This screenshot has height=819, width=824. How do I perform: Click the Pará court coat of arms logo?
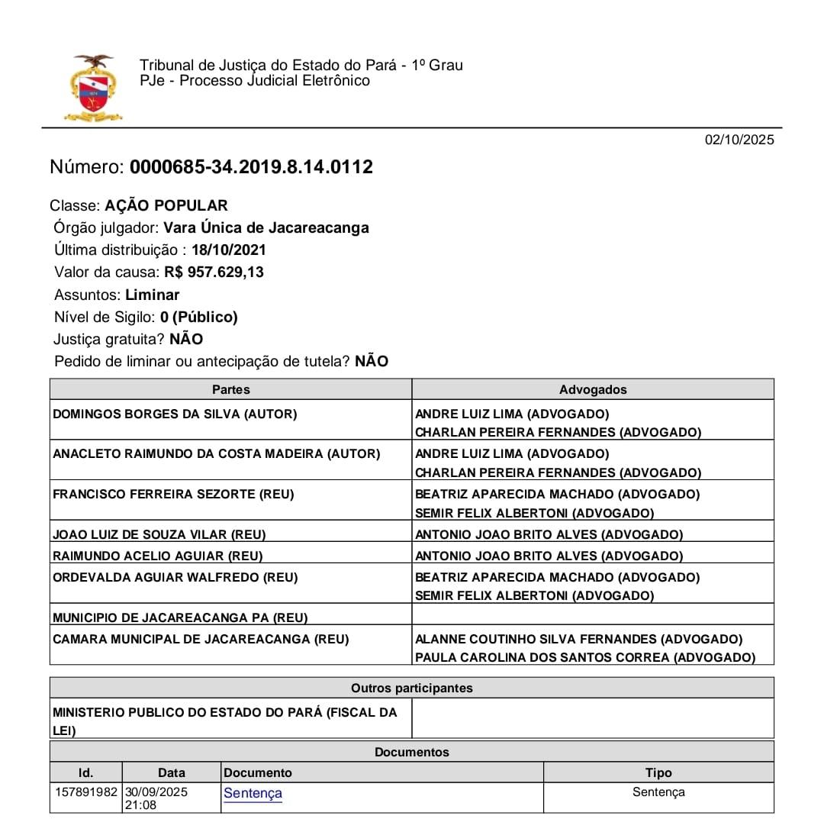[93, 89]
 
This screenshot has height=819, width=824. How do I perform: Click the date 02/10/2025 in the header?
[739, 140]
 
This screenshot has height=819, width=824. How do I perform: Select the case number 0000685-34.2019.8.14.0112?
[251, 167]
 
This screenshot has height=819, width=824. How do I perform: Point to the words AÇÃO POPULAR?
[166, 205]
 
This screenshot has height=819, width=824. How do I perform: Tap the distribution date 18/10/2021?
[229, 250]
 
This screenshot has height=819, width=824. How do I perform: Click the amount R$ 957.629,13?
[214, 272]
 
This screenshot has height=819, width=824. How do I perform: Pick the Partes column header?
[230, 389]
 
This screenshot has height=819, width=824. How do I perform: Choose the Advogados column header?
[592, 389]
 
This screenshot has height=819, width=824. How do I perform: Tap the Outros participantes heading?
[411, 688]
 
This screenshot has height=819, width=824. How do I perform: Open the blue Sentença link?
[253, 793]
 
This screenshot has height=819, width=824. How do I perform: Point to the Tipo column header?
[658, 772]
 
